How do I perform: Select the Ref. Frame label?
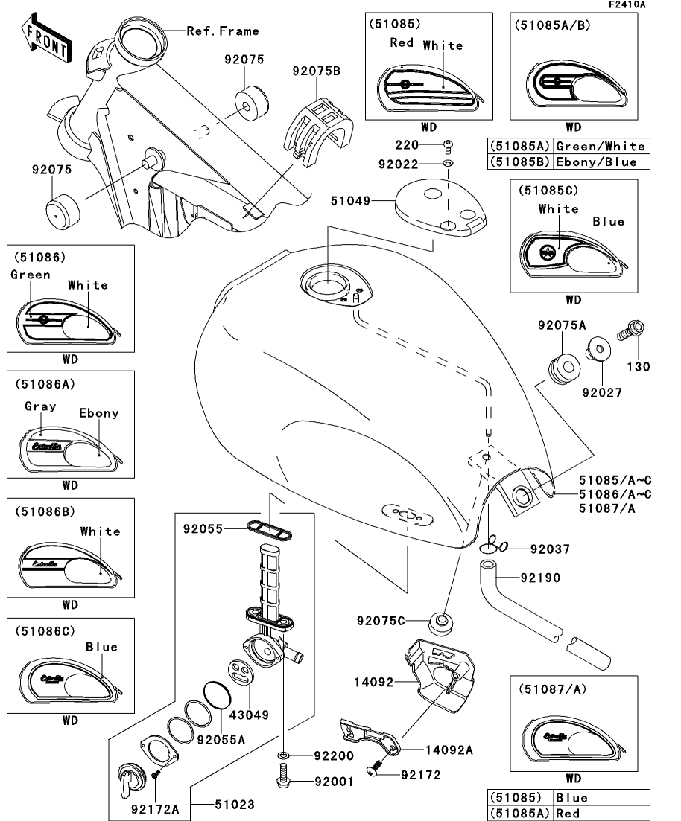tap(222, 31)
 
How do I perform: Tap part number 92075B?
tap(316, 72)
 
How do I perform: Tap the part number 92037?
tap(549, 549)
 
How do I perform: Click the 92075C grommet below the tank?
tap(441, 621)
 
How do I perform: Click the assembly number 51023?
tap(235, 805)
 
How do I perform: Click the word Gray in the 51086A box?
tap(41, 406)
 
